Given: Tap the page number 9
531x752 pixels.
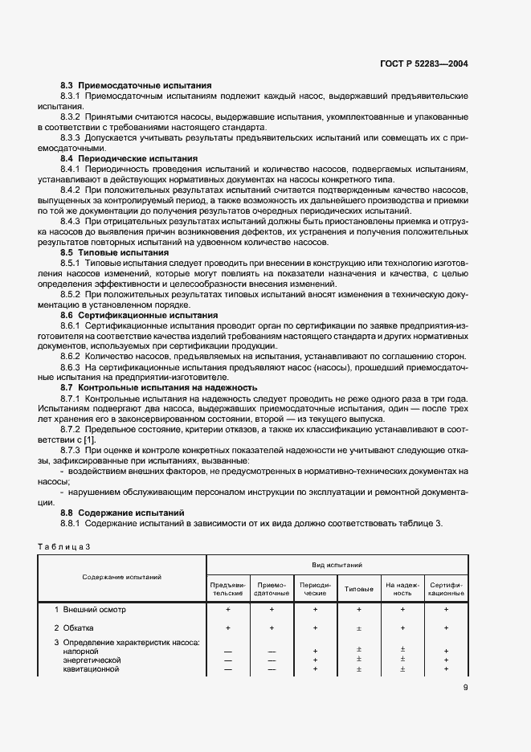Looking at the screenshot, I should point(466,686).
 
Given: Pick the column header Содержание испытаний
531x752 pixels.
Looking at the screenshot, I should point(121,577).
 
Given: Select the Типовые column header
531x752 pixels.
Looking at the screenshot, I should point(358,589).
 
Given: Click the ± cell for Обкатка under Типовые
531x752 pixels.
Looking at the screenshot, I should point(358,628).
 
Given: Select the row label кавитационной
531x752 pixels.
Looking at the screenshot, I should point(91,668).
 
